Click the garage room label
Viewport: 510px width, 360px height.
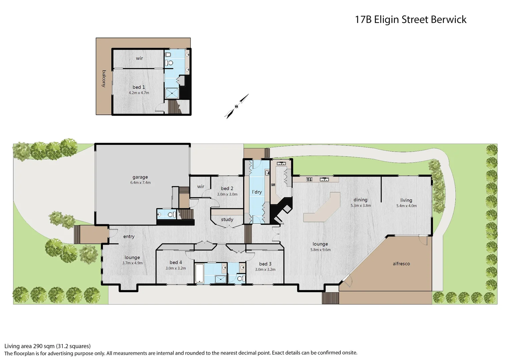(140, 177)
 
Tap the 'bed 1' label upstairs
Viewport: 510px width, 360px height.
(139, 87)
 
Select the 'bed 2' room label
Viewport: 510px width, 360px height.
(227, 188)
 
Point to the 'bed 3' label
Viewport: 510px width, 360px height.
(265, 264)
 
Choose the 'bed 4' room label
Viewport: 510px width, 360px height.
(176, 262)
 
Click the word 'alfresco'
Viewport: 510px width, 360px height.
(401, 264)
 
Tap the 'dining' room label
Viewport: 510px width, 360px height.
(360, 200)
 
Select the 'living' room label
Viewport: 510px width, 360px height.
(406, 200)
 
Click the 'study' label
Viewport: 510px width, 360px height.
(227, 219)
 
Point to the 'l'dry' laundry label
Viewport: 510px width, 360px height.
(257, 192)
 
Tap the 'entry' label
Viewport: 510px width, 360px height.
(129, 236)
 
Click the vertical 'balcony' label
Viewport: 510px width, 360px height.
(104, 79)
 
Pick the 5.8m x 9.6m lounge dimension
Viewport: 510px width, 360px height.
(320, 250)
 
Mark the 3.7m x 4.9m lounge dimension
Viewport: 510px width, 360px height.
(132, 263)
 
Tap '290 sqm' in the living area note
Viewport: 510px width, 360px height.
(43, 346)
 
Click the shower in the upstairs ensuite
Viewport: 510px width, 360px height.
(172, 93)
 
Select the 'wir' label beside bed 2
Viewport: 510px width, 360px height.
(200, 186)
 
